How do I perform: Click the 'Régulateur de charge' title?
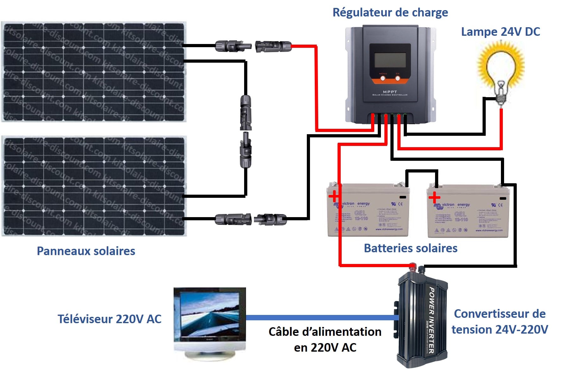[x=390, y=13]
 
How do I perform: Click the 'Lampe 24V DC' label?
[x=500, y=32]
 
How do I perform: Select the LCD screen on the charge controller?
[x=390, y=60]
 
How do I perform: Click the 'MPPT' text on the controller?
[x=390, y=92]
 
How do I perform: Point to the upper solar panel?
[x=94, y=72]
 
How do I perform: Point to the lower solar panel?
[x=94, y=186]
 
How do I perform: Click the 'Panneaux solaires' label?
[x=86, y=251]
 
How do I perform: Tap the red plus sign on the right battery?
[x=434, y=198]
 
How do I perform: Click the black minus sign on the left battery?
[x=402, y=197]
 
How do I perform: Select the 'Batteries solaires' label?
[x=410, y=248]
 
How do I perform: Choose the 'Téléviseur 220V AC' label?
[x=109, y=319]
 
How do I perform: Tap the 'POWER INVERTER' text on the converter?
[x=431, y=320]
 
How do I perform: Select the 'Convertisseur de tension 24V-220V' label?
[x=500, y=322]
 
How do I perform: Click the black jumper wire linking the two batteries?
[x=422, y=171]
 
